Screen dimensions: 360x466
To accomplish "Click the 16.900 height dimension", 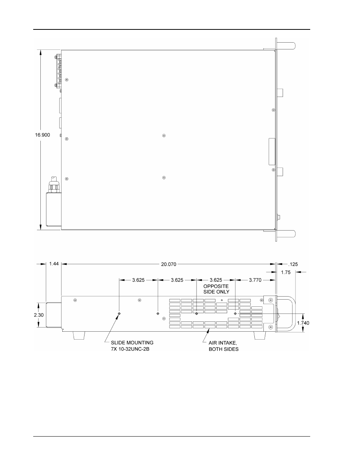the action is pyautogui.click(x=43, y=135).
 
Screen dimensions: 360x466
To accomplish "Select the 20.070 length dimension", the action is pyautogui.click(x=169, y=264).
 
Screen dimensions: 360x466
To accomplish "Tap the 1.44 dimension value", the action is pyautogui.click(x=54, y=264).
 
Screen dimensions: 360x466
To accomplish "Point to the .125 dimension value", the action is pyautogui.click(x=293, y=264).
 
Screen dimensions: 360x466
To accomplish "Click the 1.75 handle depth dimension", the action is pyautogui.click(x=286, y=272).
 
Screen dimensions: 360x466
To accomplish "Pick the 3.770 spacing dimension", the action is pyautogui.click(x=255, y=280).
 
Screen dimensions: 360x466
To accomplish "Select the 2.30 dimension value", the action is pyautogui.click(x=38, y=315).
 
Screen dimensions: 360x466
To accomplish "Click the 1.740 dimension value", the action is pyautogui.click(x=303, y=323).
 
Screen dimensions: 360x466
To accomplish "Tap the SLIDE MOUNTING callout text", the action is pyautogui.click(x=132, y=343).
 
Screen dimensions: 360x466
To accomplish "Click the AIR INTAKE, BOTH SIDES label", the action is pyautogui.click(x=223, y=346).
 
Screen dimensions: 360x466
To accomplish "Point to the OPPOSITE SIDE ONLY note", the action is pyautogui.click(x=216, y=289).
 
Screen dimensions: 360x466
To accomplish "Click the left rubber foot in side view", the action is pyautogui.click(x=79, y=335).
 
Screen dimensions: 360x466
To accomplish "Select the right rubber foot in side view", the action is pyautogui.click(x=260, y=335).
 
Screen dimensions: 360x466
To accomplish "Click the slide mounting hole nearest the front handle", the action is pyautogui.click(x=235, y=314).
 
